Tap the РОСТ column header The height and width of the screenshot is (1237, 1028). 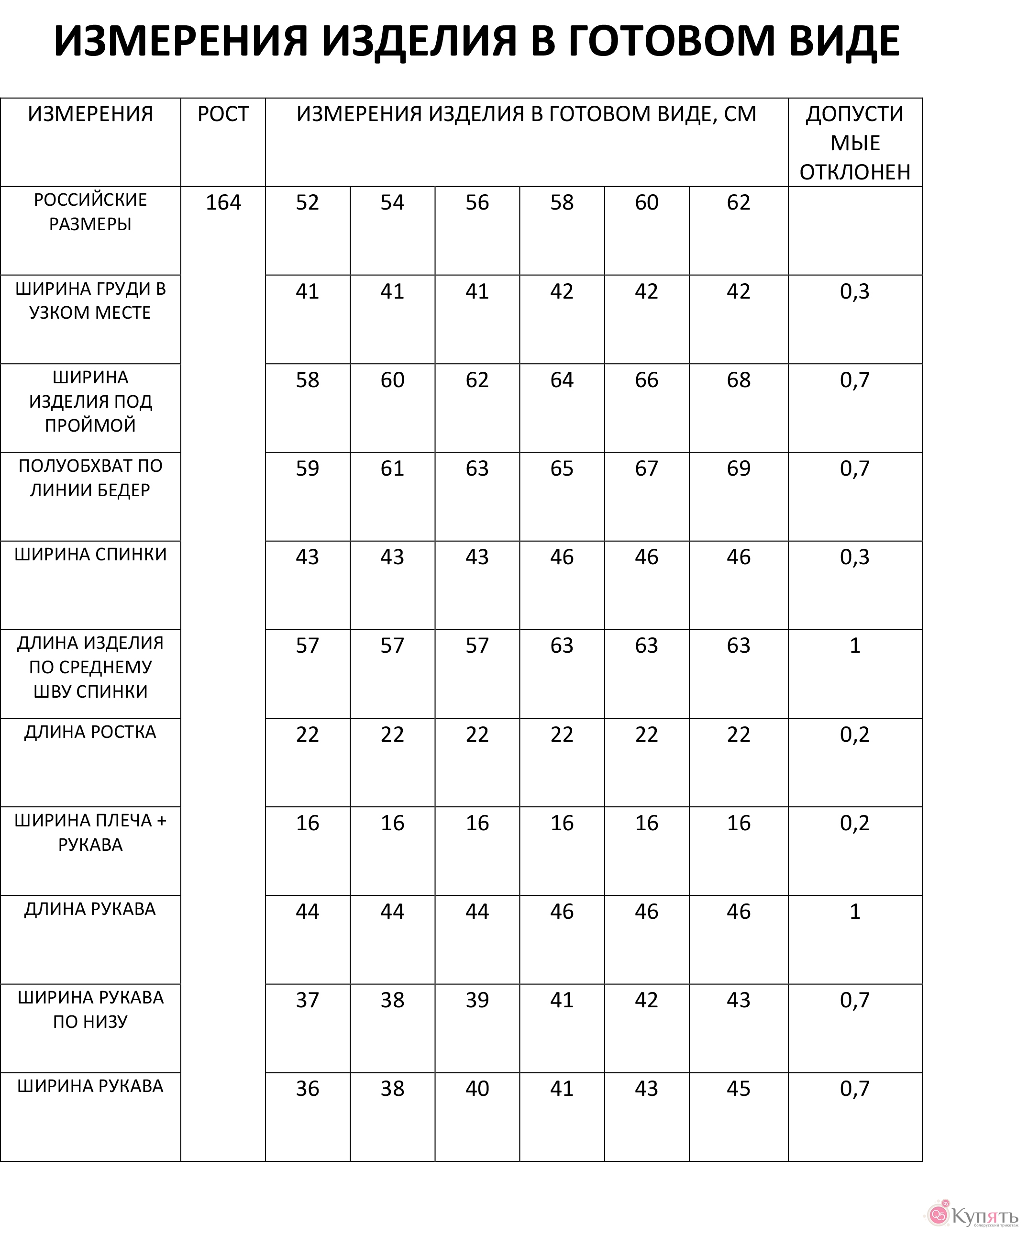click(x=223, y=114)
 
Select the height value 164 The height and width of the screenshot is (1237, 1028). click(x=223, y=202)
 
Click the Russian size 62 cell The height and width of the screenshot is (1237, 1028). click(x=738, y=202)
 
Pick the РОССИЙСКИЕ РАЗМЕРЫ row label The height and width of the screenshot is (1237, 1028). click(x=90, y=212)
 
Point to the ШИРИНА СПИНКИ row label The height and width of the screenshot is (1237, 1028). click(x=90, y=554)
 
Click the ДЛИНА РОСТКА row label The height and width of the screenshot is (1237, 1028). click(x=90, y=732)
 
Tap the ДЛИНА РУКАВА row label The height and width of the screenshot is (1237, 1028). click(x=90, y=909)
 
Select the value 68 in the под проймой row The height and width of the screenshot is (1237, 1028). click(x=738, y=380)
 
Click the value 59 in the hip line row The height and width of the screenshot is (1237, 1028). click(x=307, y=468)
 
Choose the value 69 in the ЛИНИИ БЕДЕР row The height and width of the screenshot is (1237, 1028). click(x=738, y=468)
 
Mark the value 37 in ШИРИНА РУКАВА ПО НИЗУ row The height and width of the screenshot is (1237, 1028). click(x=307, y=1000)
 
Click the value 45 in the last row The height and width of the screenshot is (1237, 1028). click(x=738, y=1089)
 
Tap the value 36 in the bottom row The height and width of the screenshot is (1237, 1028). click(x=307, y=1089)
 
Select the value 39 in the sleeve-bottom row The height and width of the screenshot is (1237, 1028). click(x=477, y=1000)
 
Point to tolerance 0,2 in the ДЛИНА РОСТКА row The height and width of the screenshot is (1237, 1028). click(x=854, y=734)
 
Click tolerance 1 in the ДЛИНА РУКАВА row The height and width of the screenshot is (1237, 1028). click(x=854, y=911)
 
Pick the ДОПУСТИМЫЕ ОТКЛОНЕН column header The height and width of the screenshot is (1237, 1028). click(x=854, y=143)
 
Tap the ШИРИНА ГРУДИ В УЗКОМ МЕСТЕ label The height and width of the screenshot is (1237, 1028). click(x=90, y=301)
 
